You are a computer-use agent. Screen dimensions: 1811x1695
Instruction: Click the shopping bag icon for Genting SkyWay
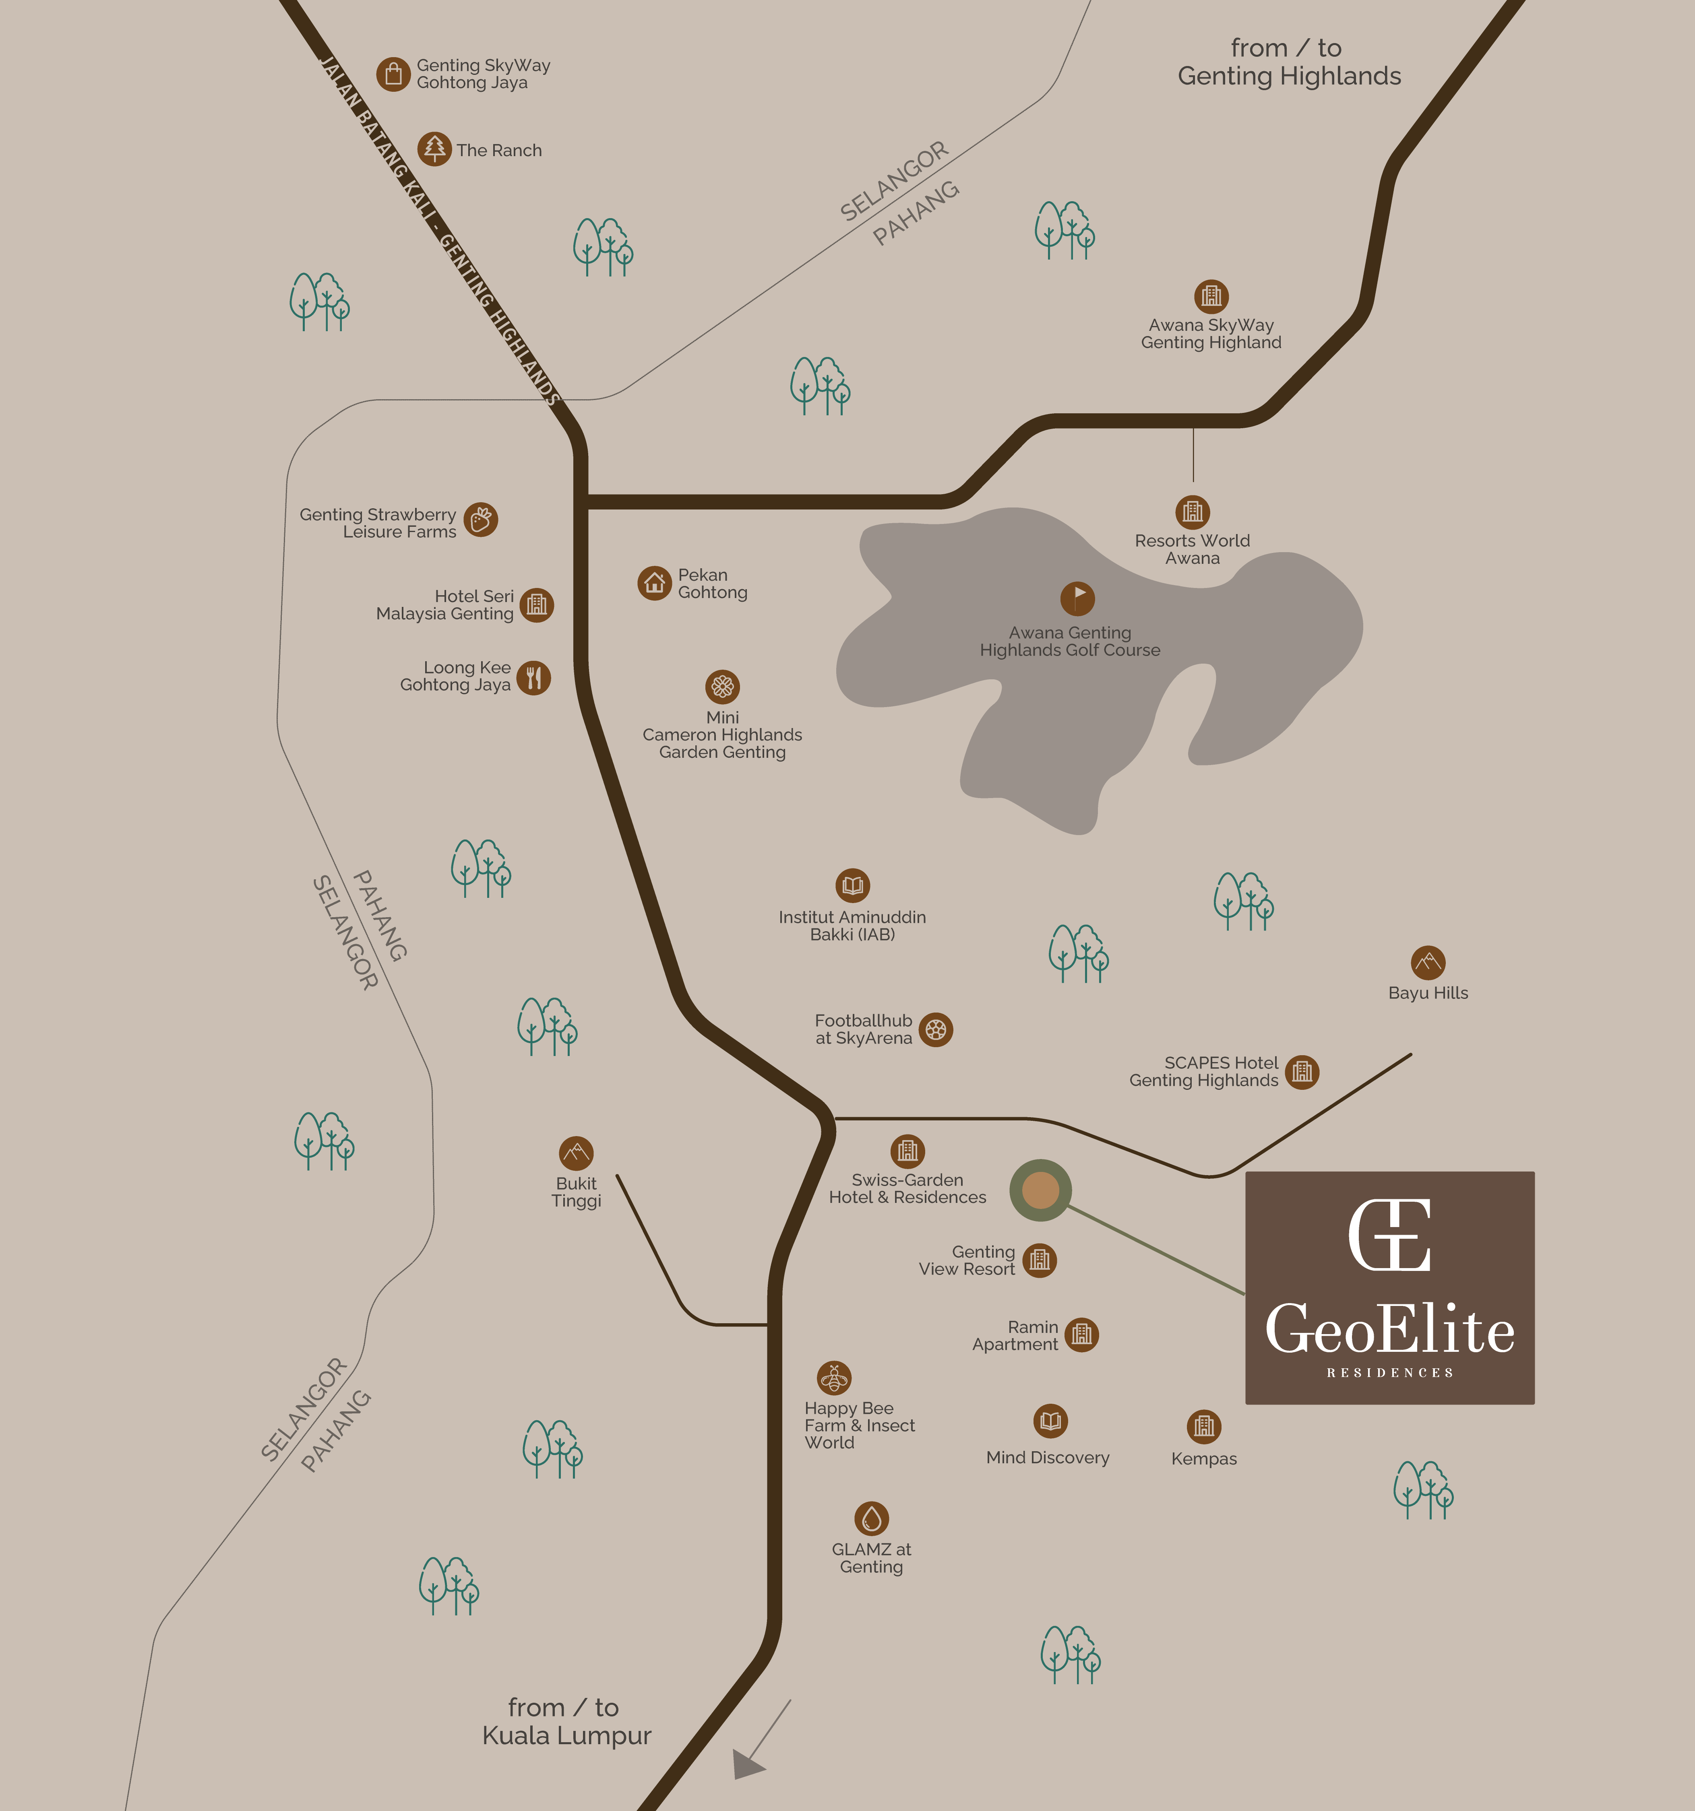[393, 74]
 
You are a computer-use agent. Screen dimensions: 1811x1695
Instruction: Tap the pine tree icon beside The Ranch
[435, 149]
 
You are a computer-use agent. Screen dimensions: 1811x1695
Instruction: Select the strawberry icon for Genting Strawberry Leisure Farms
[481, 520]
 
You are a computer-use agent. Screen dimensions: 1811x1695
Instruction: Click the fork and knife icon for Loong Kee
[534, 678]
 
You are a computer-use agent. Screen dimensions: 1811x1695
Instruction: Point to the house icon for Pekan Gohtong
[654, 583]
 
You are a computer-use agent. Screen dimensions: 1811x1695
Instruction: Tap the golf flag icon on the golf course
[1077, 598]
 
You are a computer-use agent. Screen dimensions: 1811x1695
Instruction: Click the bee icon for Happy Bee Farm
[834, 1378]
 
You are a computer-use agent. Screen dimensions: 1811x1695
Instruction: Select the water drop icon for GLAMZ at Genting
[871, 1518]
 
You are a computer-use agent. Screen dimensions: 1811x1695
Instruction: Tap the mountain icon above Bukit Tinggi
[576, 1153]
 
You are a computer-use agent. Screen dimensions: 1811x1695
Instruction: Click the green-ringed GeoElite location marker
[1041, 1190]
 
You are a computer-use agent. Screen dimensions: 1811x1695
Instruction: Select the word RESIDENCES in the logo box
[1390, 1373]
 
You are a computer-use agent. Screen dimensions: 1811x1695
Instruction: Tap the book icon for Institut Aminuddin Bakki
[853, 885]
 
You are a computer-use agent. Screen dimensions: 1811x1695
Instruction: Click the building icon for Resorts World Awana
[1192, 512]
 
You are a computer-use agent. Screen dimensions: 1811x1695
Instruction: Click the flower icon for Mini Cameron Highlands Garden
[723, 686]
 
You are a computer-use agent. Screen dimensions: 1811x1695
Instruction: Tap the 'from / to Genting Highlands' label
[1289, 62]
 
